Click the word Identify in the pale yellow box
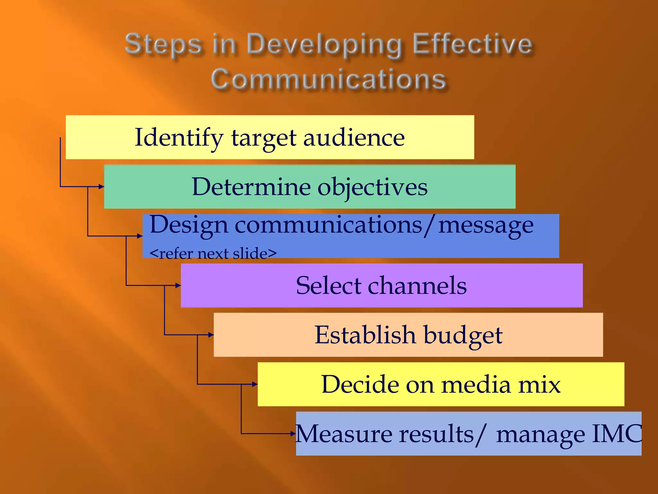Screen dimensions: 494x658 point(179,138)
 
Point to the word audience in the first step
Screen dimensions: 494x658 point(354,138)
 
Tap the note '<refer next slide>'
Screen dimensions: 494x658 point(213,253)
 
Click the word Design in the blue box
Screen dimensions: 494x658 point(189,225)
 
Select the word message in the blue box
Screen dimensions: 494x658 point(486,225)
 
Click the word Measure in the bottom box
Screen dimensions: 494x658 point(343,434)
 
